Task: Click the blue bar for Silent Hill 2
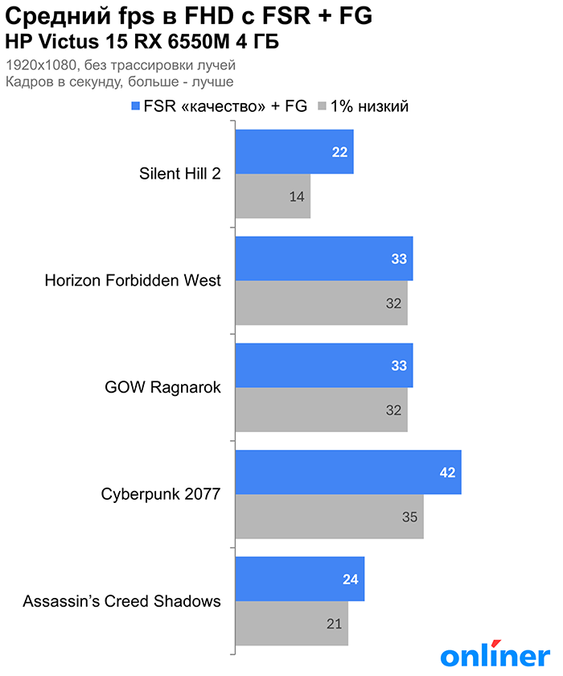point(294,152)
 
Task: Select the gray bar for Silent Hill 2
point(273,196)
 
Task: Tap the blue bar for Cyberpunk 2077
point(347,472)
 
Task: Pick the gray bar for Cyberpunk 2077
point(329,517)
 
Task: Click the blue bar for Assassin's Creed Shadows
point(299,579)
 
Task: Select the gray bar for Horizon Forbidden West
point(321,303)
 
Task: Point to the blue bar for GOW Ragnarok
point(323,365)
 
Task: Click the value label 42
point(448,472)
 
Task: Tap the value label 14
point(298,196)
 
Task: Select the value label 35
point(410,517)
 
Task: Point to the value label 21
point(335,624)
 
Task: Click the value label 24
point(351,579)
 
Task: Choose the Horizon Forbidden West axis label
point(133,281)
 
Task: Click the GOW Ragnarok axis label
point(163,387)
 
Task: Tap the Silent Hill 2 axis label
point(179,174)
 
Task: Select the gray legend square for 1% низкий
point(323,106)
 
